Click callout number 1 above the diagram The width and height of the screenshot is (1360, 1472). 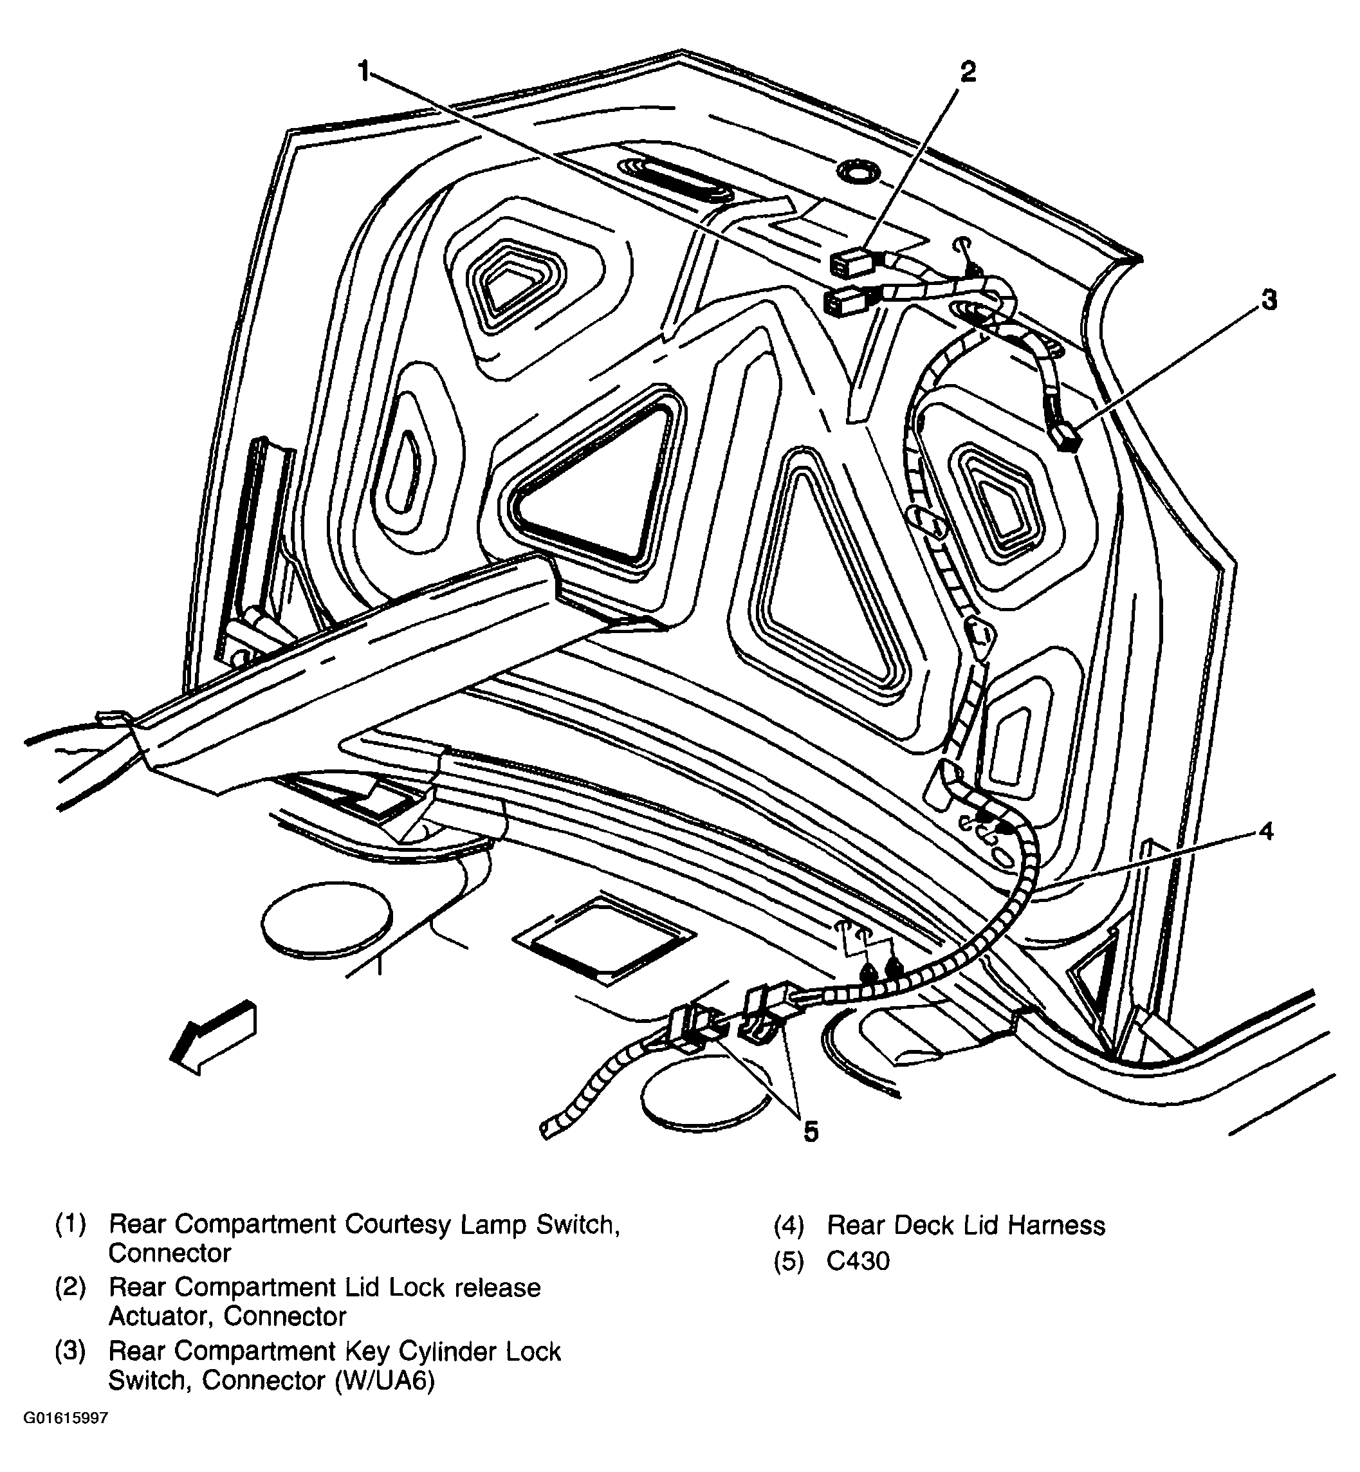365,72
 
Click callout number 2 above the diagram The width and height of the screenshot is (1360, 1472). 968,72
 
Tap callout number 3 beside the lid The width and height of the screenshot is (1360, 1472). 1268,301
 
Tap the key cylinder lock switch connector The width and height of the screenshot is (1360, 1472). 1064,439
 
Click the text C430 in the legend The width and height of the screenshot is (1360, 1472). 858,1261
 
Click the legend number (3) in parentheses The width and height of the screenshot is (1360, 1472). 71,1351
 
